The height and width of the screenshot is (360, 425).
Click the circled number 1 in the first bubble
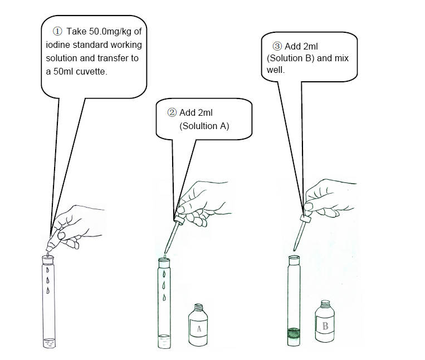point(57,31)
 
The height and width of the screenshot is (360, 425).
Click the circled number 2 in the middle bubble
point(172,112)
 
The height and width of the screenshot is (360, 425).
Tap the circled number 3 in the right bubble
point(277,46)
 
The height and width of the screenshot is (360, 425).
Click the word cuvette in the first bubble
point(91,72)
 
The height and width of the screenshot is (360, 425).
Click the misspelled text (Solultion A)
point(204,126)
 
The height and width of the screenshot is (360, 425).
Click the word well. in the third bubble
point(276,70)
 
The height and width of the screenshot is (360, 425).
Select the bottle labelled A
point(198,325)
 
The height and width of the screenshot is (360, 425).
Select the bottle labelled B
point(325,321)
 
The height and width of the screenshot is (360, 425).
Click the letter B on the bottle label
point(325,326)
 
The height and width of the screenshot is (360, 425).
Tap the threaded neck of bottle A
point(199,307)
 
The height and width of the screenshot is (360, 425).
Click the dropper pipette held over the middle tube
point(173,234)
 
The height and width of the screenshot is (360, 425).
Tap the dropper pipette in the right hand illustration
point(301,232)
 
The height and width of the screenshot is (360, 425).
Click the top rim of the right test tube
point(294,257)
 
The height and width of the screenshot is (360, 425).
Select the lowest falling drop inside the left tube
point(48,290)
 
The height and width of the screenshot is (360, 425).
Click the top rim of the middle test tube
point(164,260)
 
